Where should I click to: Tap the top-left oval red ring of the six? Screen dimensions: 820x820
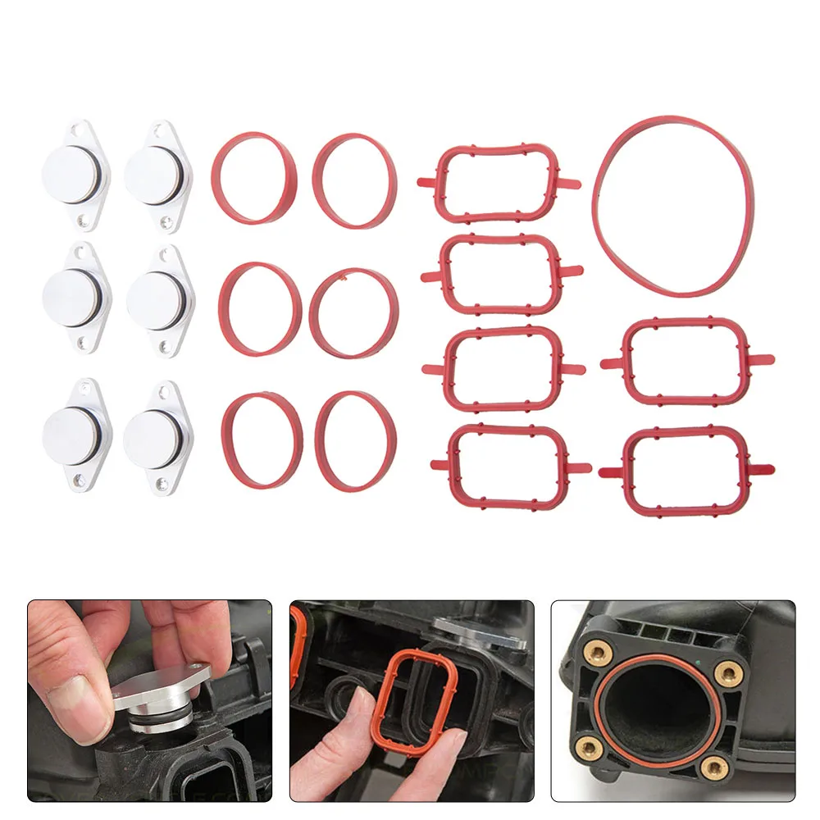pos(252,176)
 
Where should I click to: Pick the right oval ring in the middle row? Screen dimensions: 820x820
pos(353,312)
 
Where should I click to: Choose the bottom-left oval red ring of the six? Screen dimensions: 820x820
pos(260,439)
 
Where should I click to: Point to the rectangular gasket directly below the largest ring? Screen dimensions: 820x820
pos(686,361)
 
